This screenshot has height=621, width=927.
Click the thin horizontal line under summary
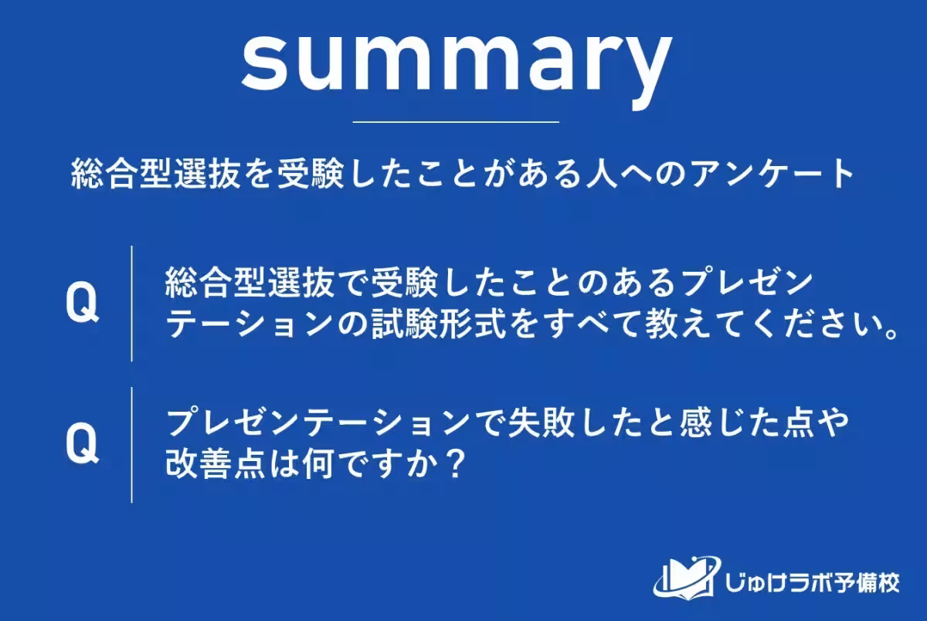click(x=456, y=122)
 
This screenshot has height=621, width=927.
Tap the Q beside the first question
click(x=82, y=304)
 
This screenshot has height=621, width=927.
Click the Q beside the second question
click(x=82, y=445)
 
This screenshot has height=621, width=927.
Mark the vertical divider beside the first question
click(x=131, y=304)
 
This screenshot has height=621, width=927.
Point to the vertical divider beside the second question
click(x=131, y=445)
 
